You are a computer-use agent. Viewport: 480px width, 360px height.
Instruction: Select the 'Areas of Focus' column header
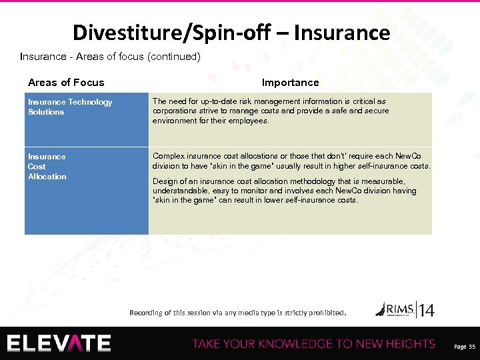pos(66,83)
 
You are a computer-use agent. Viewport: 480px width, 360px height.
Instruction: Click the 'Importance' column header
pos(290,83)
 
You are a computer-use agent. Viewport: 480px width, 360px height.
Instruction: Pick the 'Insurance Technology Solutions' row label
pos(70,107)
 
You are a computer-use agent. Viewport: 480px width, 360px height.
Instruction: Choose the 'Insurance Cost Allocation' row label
pos(47,167)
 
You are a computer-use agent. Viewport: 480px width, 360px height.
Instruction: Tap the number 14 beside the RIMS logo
pos(426,310)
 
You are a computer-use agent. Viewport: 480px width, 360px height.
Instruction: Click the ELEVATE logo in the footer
pos(59,343)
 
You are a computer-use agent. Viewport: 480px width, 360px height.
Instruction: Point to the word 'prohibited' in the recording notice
pos(325,312)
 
